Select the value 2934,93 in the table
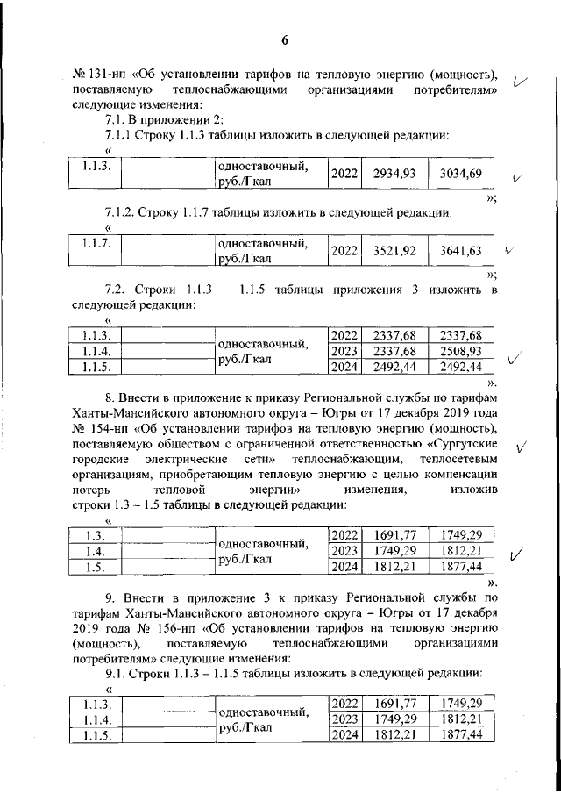tap(393, 173)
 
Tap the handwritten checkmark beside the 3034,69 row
tap(517, 177)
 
